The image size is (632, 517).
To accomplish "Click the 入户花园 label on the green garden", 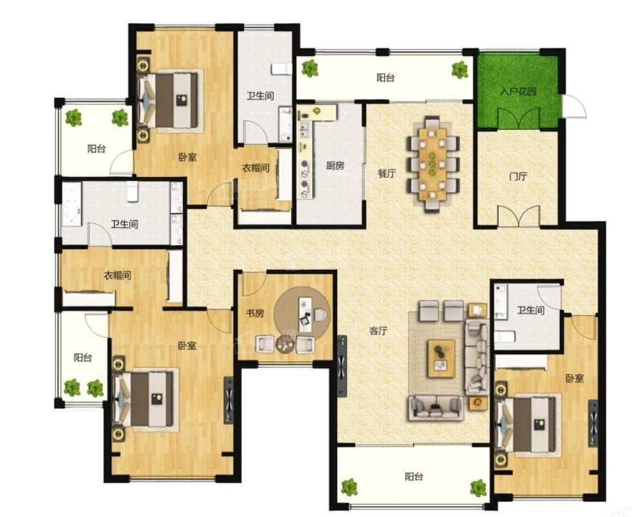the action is coord(518,91).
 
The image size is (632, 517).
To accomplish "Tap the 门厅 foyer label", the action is coord(518,176).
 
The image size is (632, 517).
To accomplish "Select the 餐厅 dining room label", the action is coord(387,173).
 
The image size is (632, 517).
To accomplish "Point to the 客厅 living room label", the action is coord(379,331).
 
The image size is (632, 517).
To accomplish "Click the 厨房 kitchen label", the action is coord(335,165).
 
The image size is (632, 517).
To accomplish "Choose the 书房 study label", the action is coord(255,313).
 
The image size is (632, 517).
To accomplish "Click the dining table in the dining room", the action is coord(433,164).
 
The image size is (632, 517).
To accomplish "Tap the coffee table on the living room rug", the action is coord(441,359).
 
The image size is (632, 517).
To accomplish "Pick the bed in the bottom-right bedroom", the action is coord(528,425).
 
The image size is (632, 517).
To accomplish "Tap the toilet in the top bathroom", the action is coord(281,69).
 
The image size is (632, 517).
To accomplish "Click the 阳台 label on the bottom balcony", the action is coord(414,476).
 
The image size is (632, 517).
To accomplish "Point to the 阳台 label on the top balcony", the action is coord(386,78).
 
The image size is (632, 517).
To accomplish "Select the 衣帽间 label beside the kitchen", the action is coord(256,167).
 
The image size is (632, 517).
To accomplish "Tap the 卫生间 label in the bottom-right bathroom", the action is coord(531,310).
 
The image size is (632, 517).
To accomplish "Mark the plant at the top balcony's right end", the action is coord(460,70).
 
